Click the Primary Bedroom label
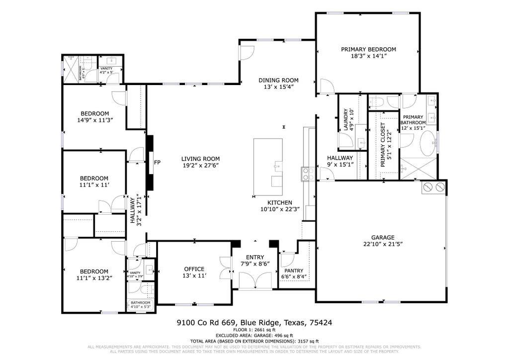tap(368, 49)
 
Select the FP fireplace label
tap(157, 162)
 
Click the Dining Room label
tap(278, 80)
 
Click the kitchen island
tap(268, 167)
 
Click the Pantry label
tap(294, 270)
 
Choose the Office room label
tap(194, 269)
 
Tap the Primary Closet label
tap(383, 144)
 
